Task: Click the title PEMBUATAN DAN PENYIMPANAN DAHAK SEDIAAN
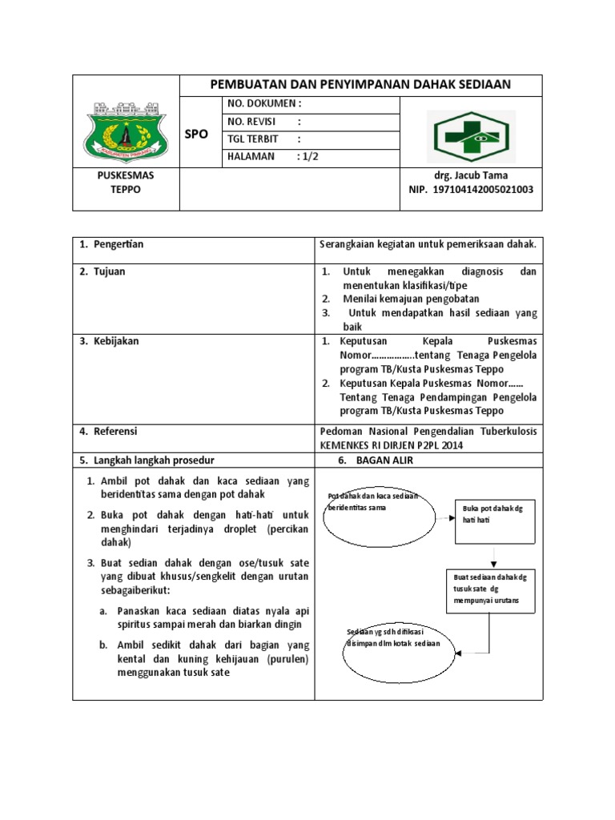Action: tap(360, 85)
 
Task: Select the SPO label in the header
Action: tap(196, 135)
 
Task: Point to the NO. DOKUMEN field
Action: tap(264, 103)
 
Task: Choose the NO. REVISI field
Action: tap(264, 122)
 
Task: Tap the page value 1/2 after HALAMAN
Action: tap(307, 157)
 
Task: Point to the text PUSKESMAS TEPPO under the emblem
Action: tap(125, 183)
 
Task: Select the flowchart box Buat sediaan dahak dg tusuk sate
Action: tap(490, 591)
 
